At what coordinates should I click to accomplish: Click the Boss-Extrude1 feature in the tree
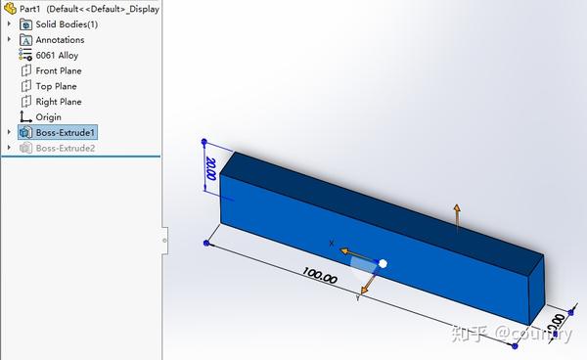[x=66, y=132]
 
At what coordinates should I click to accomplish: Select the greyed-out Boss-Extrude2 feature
[x=66, y=148]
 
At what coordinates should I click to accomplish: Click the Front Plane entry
[x=59, y=70]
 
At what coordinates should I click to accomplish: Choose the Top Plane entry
[x=56, y=86]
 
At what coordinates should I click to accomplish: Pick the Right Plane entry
[x=59, y=102]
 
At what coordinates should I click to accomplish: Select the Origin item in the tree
[x=48, y=117]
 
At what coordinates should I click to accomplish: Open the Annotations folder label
[x=60, y=40]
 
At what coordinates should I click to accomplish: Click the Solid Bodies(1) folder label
[x=67, y=24]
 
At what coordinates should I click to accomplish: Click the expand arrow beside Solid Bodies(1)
[x=10, y=24]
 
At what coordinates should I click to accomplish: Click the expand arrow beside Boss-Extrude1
[x=10, y=132]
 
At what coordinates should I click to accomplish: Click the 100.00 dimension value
[x=319, y=277]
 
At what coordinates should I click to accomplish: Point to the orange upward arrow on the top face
[x=456, y=217]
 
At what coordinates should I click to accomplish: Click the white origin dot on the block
[x=383, y=263]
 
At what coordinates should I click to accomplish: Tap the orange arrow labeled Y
[x=368, y=284]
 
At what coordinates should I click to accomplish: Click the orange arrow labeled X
[x=351, y=253]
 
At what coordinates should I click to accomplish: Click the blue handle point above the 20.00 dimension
[x=203, y=142]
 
